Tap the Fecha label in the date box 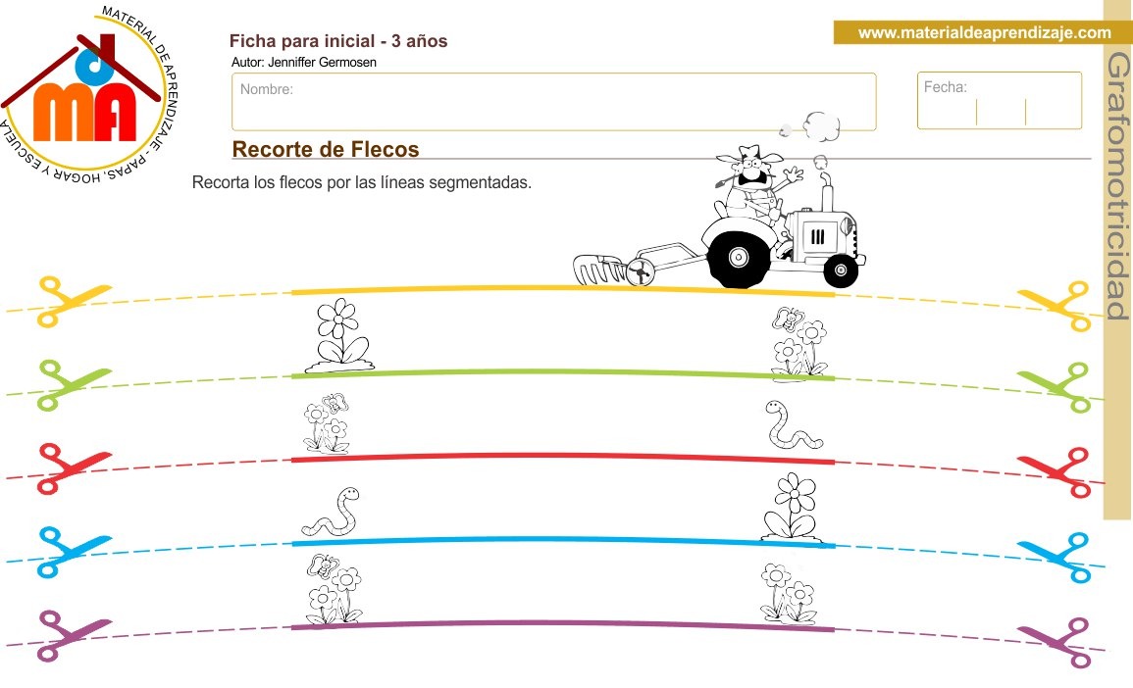pos(945,87)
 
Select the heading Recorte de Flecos pos(326,149)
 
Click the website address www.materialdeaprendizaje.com pos(984,33)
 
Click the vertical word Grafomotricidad pos(1117,186)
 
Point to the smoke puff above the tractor pos(820,124)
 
